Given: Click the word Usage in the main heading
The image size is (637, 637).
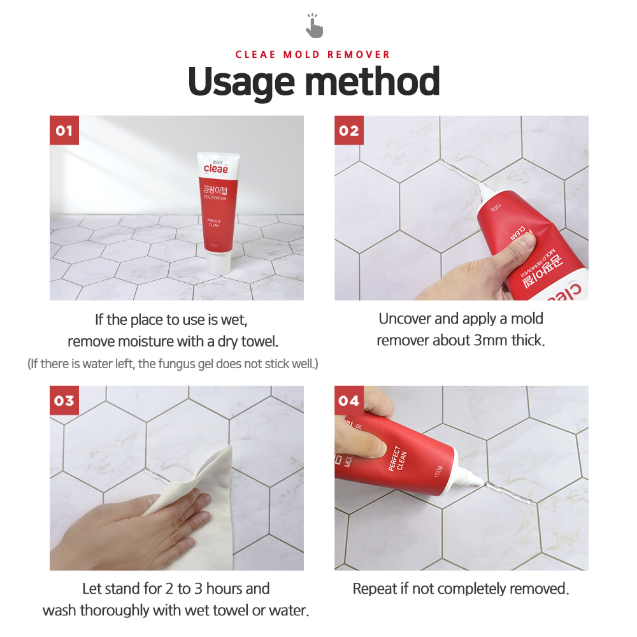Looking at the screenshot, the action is coord(241,83).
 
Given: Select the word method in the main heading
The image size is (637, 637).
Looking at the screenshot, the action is coord(372,82).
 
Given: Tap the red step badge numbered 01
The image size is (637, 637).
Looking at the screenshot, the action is coord(64,131).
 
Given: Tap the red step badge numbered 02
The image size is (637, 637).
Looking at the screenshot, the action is coord(349,131).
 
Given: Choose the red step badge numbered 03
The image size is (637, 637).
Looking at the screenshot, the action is coord(64,401).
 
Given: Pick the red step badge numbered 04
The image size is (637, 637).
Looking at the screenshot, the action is coord(349,401).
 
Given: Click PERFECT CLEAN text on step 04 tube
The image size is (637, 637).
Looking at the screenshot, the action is coord(397,459).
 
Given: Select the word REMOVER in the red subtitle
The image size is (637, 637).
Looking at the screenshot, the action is coord(358,54).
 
